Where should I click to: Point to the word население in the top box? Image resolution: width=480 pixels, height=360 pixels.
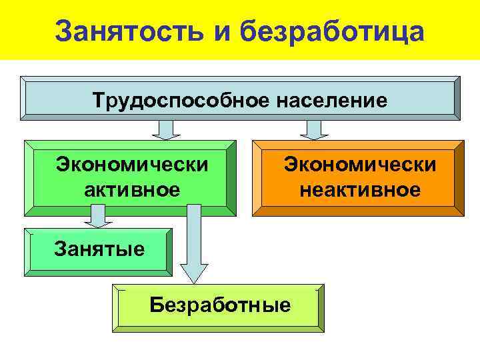coord(325,101)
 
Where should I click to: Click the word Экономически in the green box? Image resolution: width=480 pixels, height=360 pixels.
coord(131,163)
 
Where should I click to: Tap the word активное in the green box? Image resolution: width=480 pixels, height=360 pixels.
coord(132,189)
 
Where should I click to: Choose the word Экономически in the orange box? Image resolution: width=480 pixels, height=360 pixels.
coord(360,163)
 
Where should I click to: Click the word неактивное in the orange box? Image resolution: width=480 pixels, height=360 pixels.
coord(360,189)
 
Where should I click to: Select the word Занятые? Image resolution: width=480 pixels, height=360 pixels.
coord(99,249)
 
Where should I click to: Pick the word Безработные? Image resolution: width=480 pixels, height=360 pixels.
coord(220,305)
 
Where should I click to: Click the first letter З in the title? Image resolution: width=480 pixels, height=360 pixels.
coord(64,31)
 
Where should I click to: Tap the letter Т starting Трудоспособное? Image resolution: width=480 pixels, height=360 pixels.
coord(99,101)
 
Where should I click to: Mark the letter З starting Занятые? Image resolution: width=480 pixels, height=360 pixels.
coord(59,249)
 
